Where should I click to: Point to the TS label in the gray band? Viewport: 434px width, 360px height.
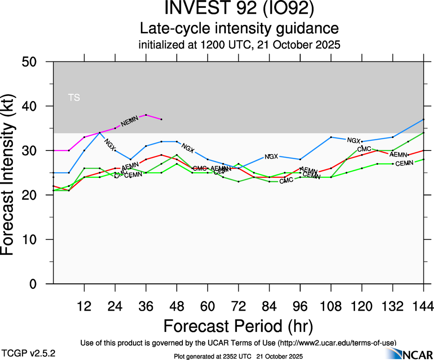pos(74,97)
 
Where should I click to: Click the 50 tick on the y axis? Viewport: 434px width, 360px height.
pos(32,62)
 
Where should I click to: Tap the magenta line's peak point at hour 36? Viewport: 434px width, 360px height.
pos(146,115)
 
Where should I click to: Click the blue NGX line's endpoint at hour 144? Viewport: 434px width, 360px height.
pos(423,120)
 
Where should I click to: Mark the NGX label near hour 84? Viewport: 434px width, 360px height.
pos(271,156)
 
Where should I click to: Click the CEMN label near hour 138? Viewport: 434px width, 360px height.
pos(404,163)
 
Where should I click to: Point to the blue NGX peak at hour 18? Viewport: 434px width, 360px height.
pos(100,133)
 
